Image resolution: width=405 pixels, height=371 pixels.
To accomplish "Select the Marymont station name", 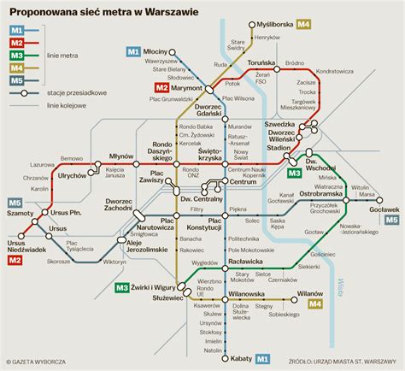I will pos(192,87).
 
